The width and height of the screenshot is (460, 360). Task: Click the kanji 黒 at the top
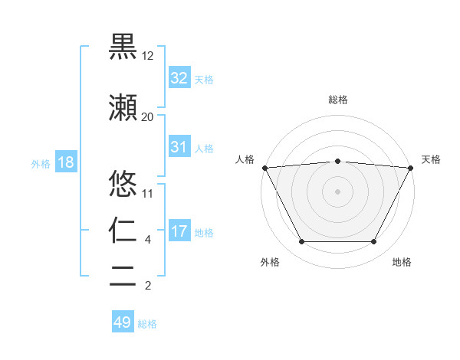[123, 47]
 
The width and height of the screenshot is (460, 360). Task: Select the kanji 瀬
[123, 108]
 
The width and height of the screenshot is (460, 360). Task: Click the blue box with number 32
[179, 79]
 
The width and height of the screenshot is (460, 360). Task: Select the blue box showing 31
[179, 147]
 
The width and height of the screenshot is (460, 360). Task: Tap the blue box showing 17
[179, 231]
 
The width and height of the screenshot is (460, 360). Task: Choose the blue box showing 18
[65, 163]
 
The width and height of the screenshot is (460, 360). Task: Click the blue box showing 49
[123, 322]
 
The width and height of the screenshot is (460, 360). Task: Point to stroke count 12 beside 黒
[148, 57]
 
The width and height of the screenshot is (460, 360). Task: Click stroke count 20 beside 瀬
[147, 117]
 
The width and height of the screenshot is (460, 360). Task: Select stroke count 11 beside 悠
[147, 193]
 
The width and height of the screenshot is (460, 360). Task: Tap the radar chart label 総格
[337, 100]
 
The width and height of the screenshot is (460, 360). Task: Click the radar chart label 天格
[431, 159]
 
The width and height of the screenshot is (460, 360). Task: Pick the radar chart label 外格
[270, 263]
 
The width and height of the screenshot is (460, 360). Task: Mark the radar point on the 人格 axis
[264, 168]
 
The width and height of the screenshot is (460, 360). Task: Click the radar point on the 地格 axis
[373, 241]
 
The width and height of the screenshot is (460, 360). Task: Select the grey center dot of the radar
[337, 191]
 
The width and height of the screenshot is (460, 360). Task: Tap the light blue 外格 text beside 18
[40, 164]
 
